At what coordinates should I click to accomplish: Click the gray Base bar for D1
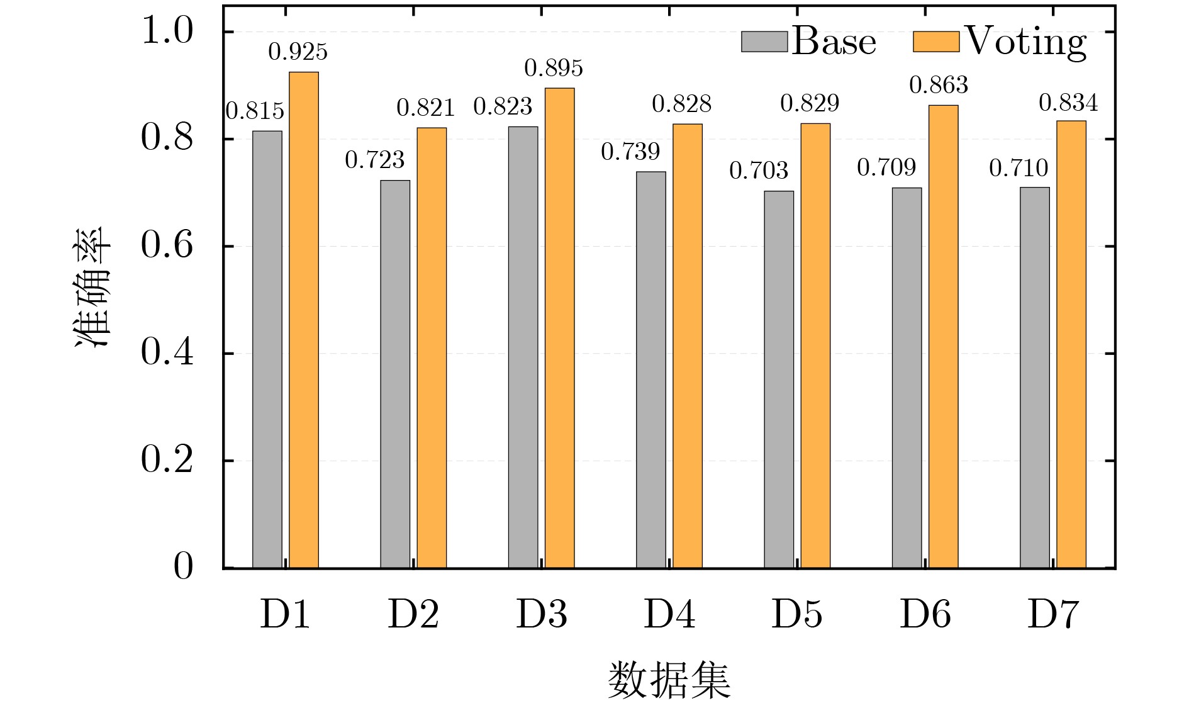[x=267, y=349]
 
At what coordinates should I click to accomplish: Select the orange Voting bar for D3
[x=559, y=328]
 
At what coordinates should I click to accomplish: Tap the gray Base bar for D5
[x=779, y=380]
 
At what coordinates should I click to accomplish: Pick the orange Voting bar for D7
[x=1071, y=344]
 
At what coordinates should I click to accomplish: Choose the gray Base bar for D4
[x=650, y=369]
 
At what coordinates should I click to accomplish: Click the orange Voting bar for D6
[x=943, y=337]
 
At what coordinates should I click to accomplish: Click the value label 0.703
[x=758, y=171]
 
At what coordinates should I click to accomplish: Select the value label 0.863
[x=938, y=85]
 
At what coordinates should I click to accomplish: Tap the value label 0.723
[x=374, y=160]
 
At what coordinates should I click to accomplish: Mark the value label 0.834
[x=1068, y=103]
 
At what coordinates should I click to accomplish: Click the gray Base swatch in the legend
[x=764, y=42]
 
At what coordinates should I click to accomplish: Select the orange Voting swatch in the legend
[x=935, y=42]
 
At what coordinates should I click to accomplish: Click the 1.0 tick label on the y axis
[x=167, y=31]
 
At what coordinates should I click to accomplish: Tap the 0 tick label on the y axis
[x=183, y=567]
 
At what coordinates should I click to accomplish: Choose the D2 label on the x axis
[x=413, y=615]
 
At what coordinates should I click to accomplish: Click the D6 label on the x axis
[x=925, y=615]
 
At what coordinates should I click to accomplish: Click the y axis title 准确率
[x=92, y=286]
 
